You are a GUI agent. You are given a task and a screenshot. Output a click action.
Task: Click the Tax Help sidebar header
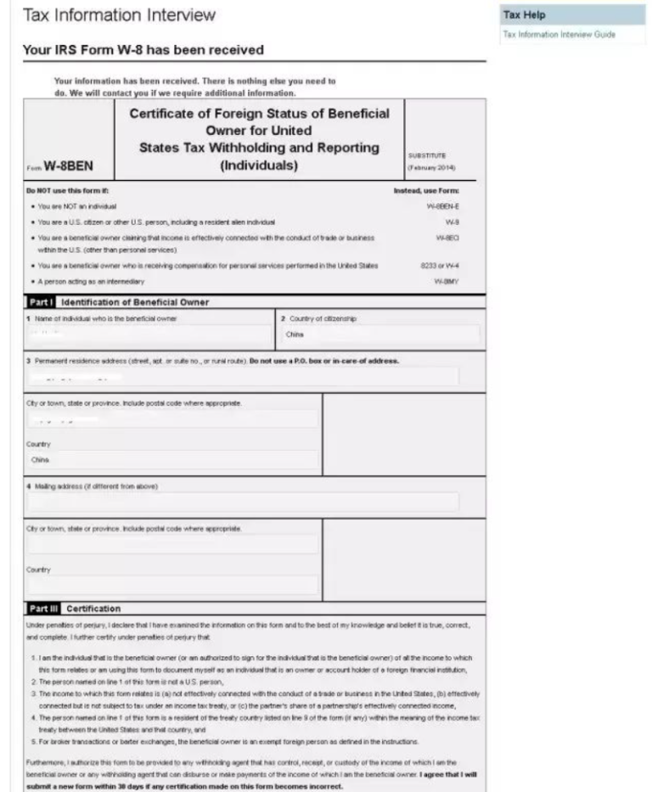pyautogui.click(x=524, y=15)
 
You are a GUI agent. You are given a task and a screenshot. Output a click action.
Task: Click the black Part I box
pyautogui.click(x=41, y=302)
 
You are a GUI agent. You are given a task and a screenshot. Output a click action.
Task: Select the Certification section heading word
pyautogui.click(x=93, y=608)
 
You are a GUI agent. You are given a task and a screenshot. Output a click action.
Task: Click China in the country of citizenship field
pyautogui.click(x=295, y=334)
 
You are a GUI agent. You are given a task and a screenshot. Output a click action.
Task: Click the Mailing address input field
pyautogui.click(x=244, y=501)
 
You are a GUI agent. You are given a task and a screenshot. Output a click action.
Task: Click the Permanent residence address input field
pyautogui.click(x=244, y=376)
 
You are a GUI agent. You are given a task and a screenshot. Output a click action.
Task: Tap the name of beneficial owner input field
pyautogui.click(x=149, y=334)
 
